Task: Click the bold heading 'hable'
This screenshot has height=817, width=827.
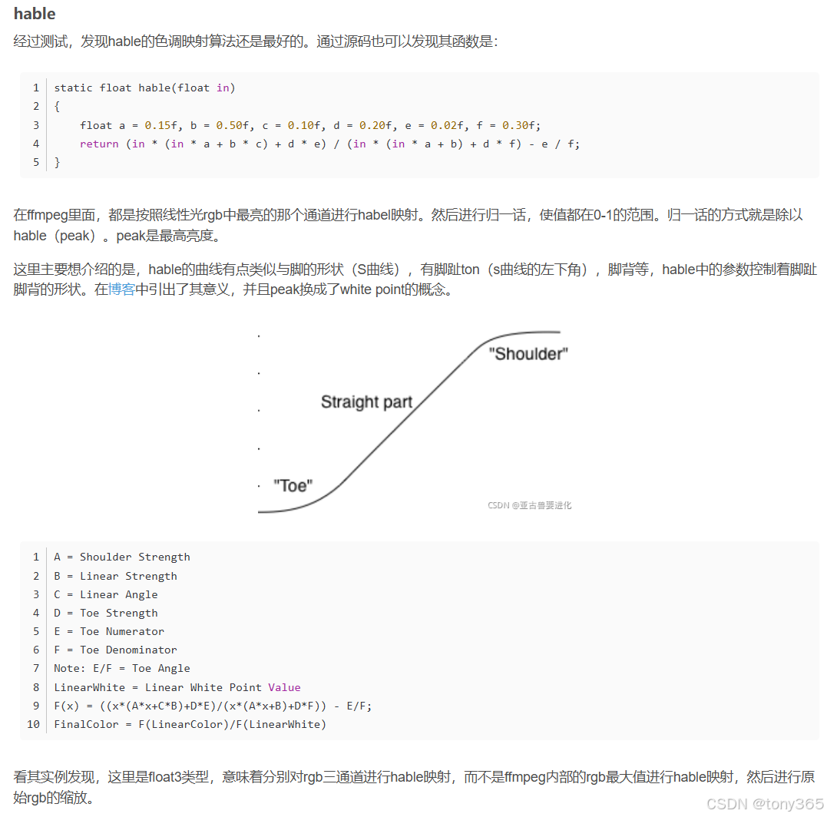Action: [35, 15]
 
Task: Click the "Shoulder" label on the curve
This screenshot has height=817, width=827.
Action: [528, 353]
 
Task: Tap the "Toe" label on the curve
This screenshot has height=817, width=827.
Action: [293, 485]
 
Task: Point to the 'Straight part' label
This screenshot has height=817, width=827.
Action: [366, 402]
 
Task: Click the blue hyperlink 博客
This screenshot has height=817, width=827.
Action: [121, 289]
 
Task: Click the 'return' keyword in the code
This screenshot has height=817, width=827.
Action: [99, 144]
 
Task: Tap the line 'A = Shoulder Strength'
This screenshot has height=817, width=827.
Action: [122, 557]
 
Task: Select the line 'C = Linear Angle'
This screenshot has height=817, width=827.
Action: [105, 594]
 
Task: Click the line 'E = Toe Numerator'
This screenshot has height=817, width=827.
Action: [109, 631]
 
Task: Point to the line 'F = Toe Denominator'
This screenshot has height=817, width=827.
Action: [115, 650]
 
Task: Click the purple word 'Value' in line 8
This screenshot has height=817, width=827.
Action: [284, 687]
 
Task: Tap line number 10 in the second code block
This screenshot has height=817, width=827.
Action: [33, 724]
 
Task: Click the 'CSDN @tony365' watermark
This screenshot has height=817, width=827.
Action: [765, 803]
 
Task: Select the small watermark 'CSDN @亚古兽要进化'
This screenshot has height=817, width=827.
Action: [529, 505]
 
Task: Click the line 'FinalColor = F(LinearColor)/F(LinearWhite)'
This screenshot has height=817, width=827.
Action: [190, 724]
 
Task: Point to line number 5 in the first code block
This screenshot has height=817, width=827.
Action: [35, 162]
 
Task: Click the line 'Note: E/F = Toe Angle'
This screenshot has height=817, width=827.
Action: [121, 668]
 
